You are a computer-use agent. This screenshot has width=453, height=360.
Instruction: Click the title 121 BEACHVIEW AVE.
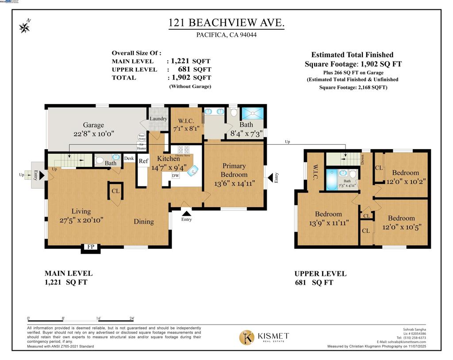(x=226, y=23)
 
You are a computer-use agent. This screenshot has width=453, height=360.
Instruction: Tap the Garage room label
(x=93, y=125)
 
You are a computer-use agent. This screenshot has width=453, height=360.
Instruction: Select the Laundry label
(x=158, y=119)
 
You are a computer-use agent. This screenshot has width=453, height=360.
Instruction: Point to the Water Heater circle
(x=142, y=137)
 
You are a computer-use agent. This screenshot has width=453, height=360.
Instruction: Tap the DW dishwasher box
(x=176, y=175)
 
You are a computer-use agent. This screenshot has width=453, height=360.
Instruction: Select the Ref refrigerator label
(x=143, y=161)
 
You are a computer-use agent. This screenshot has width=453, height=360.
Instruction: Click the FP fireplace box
(x=90, y=247)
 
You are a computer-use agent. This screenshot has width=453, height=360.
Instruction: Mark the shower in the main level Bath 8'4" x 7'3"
(x=253, y=113)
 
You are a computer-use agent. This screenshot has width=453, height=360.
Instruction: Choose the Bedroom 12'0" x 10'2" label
(x=405, y=181)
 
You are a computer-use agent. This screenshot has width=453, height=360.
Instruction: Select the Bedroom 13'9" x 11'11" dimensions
(x=328, y=223)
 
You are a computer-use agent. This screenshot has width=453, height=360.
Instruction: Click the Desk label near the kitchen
(x=129, y=158)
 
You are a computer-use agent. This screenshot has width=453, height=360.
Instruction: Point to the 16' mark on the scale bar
(x=99, y=318)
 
